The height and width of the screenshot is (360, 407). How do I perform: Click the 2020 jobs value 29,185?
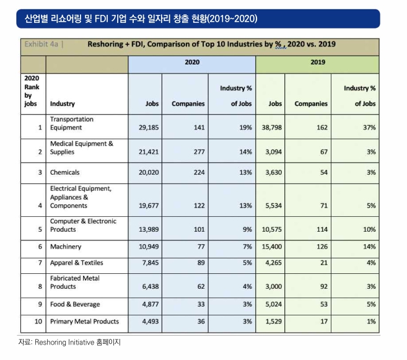149,128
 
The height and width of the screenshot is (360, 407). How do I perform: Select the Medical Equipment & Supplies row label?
82,147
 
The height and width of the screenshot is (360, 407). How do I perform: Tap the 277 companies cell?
199,152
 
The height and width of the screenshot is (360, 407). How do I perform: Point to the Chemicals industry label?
64,172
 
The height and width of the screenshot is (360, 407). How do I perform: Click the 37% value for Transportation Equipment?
369,128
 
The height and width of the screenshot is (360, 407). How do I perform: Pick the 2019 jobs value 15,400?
272,247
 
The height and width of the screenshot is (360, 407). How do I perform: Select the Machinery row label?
66,247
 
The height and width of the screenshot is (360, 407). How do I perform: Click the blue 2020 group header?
192,62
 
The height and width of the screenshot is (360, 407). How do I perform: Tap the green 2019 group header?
318,62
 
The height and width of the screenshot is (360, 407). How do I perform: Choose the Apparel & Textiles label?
77,263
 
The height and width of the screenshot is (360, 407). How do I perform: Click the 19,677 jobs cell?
149,206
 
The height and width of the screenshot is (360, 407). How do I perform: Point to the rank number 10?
38,322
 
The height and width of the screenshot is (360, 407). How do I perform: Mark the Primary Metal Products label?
84,322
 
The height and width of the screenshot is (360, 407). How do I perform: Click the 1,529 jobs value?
273,322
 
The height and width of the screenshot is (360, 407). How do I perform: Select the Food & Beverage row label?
75,304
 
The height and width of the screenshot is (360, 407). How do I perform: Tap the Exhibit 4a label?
42,44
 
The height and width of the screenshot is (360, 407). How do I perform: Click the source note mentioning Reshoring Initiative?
69,343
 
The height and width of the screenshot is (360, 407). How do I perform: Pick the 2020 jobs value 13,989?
149,229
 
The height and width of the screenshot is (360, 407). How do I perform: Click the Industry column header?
63,104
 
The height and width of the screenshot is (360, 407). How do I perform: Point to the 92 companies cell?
323,286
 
